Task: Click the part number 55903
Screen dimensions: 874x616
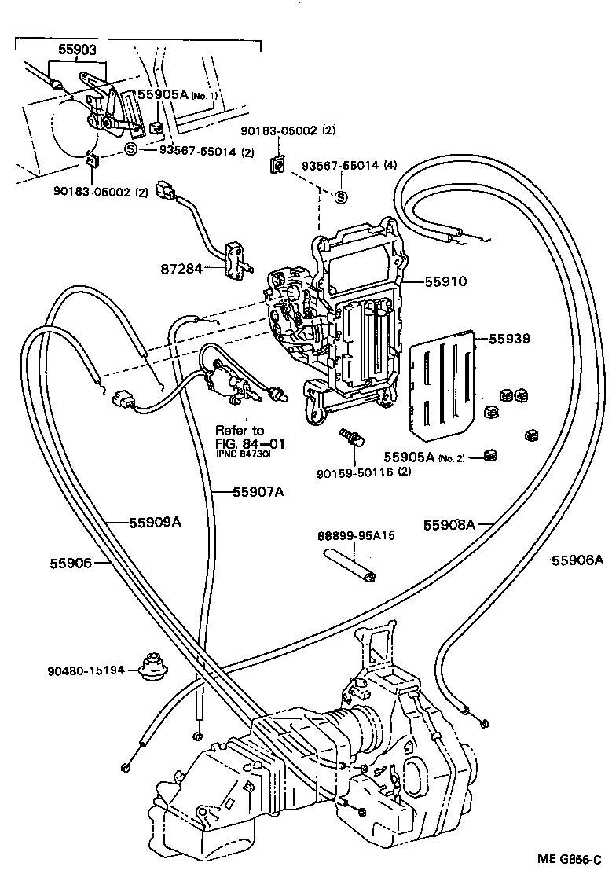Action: tap(78, 49)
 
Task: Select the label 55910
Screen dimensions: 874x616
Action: tap(445, 281)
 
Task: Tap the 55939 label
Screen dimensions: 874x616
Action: tap(510, 340)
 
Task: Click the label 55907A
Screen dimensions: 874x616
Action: tap(258, 493)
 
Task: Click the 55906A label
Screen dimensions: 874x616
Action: tap(577, 560)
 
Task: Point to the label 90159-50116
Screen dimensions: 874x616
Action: tap(353, 472)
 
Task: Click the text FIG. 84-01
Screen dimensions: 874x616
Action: tap(251, 444)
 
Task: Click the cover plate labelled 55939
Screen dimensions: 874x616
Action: tap(442, 382)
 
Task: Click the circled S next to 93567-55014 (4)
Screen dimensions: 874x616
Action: tap(341, 197)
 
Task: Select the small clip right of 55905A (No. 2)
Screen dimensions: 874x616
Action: tap(490, 455)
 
